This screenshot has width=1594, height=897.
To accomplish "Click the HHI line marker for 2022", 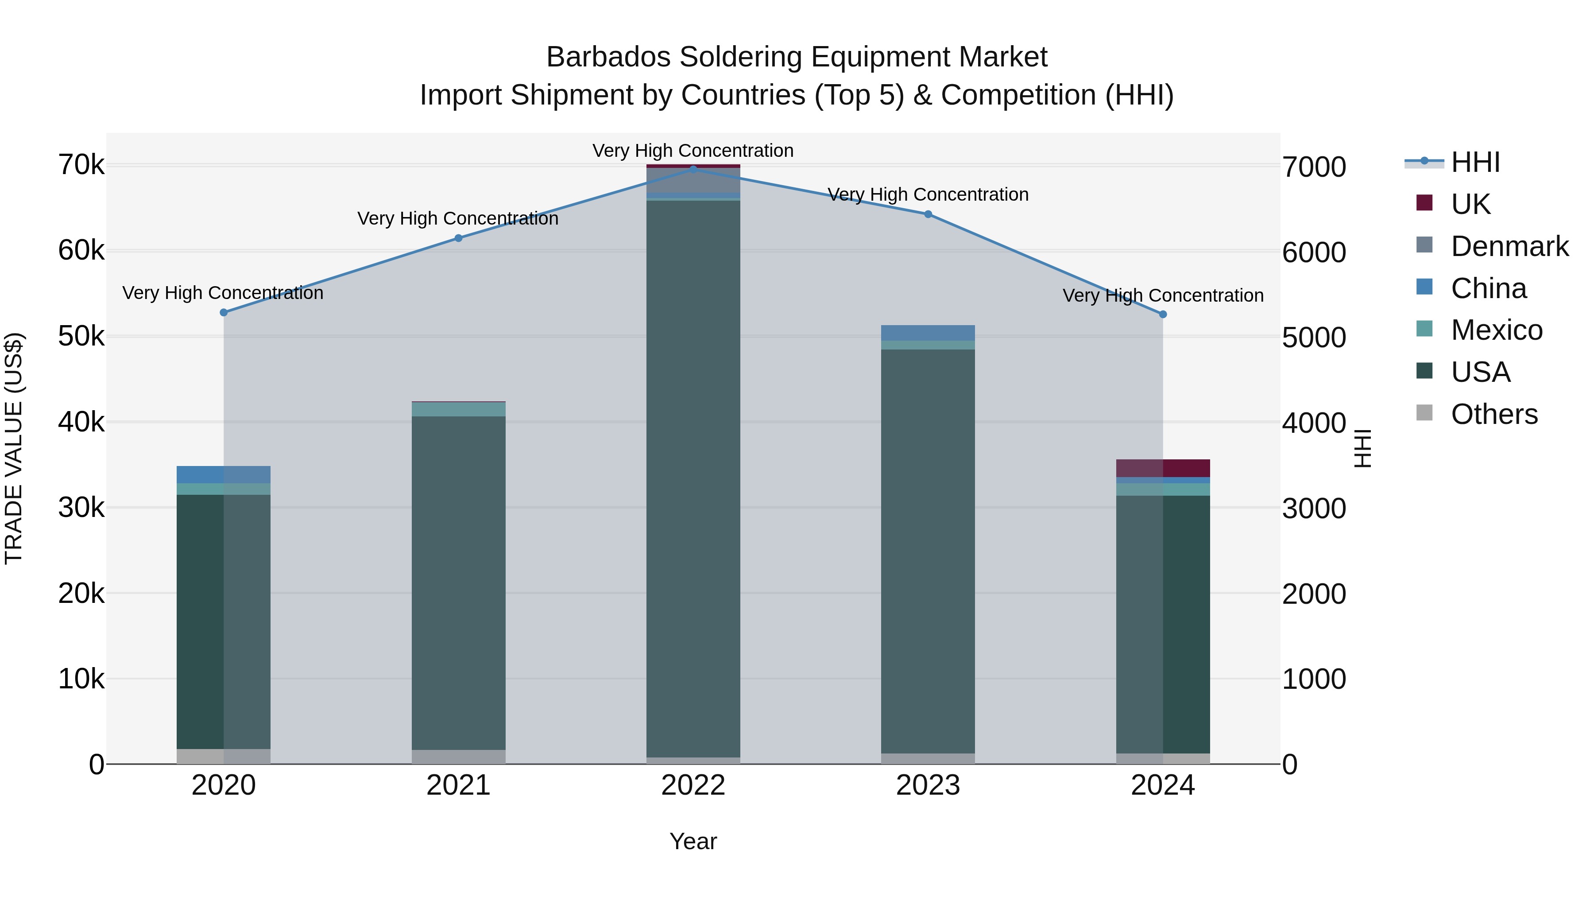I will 693,169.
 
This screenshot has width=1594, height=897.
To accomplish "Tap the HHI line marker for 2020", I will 224,313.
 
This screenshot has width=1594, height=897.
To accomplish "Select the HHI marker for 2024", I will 1163,315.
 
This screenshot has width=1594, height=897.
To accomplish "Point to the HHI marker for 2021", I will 459,238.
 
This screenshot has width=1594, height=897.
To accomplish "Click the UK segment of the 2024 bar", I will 1163,468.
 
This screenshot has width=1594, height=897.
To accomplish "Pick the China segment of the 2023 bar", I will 928,333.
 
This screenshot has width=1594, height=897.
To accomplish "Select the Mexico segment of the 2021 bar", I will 459,409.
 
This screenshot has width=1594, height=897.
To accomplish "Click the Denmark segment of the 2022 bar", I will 693,180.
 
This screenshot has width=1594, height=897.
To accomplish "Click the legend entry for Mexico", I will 1496,330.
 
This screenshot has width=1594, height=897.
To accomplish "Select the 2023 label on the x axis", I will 928,785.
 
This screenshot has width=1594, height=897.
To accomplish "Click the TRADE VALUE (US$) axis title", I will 14,448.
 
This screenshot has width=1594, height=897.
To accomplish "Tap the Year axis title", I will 693,841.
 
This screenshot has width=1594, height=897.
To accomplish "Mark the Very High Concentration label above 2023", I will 928,194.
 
